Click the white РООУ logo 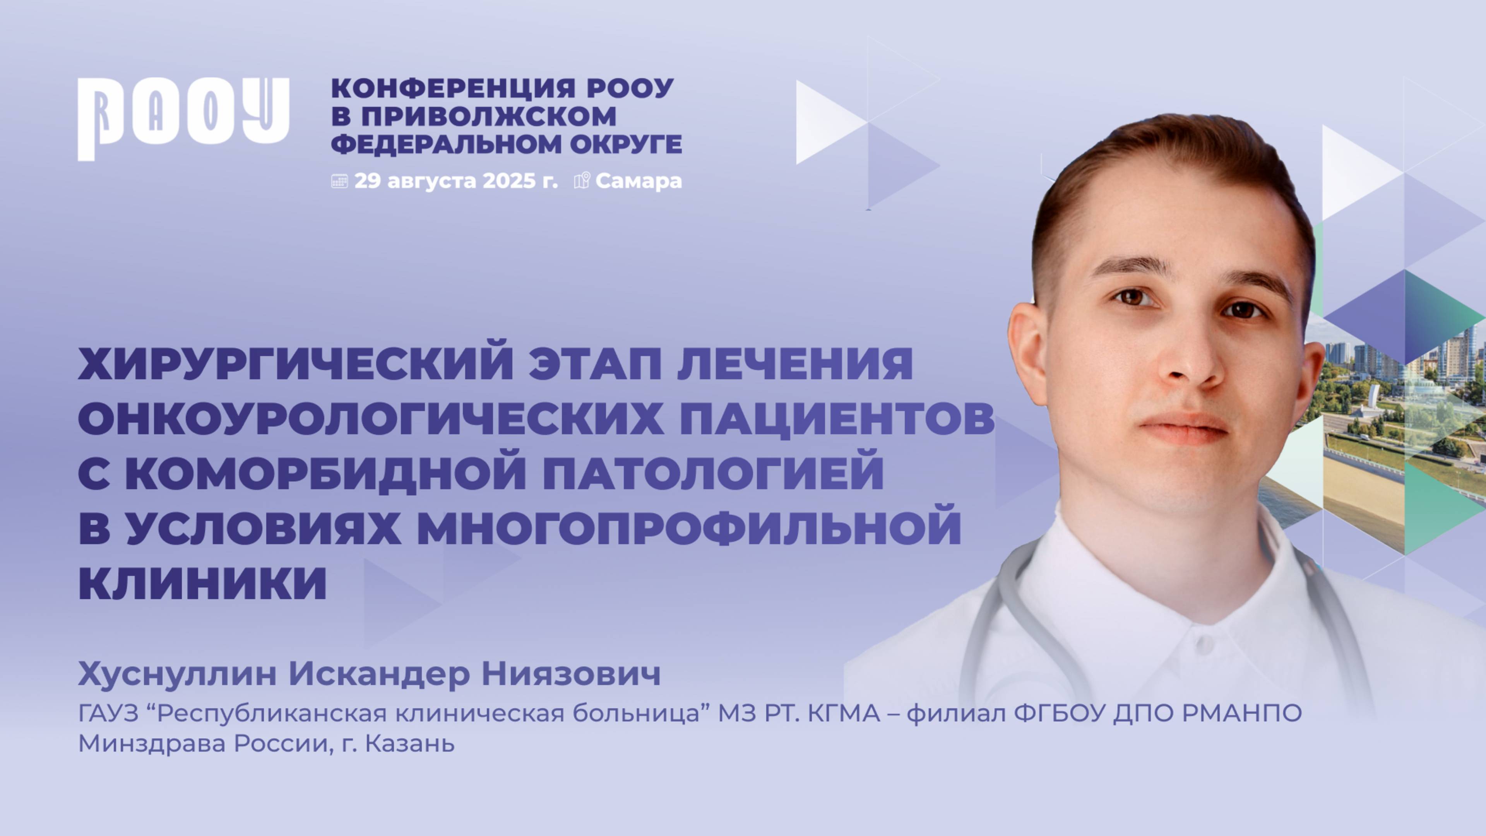tap(183, 118)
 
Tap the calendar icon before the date tap(339, 181)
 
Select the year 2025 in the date tap(509, 181)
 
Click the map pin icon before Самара tap(582, 181)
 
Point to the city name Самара tap(639, 181)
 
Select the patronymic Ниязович tap(571, 674)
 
